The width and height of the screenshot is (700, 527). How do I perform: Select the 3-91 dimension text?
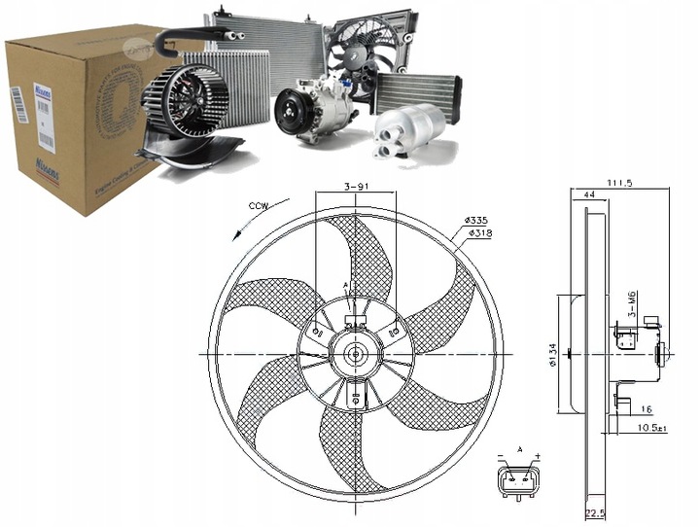pyautogui.click(x=357, y=188)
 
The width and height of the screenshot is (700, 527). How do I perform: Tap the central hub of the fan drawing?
pyautogui.click(x=356, y=353)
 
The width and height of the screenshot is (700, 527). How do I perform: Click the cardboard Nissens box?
pyautogui.click(x=78, y=117)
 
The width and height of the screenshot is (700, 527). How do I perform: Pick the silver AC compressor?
pyautogui.click(x=315, y=112)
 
